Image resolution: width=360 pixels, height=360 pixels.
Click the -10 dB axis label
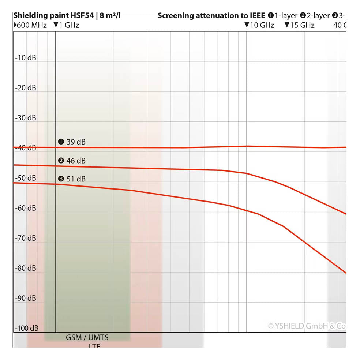pos(26,58)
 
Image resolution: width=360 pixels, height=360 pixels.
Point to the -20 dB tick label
pos(26,88)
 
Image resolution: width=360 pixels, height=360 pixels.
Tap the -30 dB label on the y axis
pos(26,118)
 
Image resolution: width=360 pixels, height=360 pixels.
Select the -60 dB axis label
pos(26,208)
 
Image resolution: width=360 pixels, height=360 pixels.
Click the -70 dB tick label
pos(26,238)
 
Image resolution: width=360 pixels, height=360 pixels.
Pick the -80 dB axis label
pos(26,268)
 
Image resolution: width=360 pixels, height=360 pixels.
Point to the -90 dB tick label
pos(26,298)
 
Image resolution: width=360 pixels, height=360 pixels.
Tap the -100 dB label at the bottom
pos(26,328)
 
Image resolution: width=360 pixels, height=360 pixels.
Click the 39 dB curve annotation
pos(72,142)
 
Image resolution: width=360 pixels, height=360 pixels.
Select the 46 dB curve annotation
pos(72,161)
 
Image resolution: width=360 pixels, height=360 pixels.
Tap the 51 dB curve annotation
pos(72,179)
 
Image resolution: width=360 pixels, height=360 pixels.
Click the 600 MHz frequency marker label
pos(30,25)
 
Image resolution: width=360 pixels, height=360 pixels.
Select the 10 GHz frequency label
pos(259,25)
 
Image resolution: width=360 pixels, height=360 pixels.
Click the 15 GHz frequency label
pos(300,25)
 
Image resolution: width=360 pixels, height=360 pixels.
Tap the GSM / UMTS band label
pos(87,337)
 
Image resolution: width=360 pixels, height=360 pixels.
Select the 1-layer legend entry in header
pos(282,16)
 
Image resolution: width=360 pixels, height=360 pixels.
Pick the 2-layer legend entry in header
pos(315,16)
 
